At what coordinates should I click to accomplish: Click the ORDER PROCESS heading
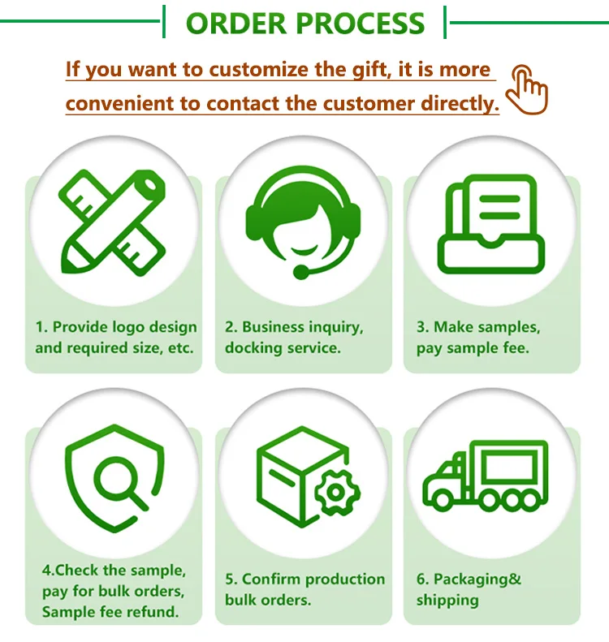(305, 23)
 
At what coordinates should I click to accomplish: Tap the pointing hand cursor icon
(528, 88)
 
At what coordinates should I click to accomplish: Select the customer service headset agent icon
(304, 219)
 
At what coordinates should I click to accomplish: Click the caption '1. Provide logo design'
(116, 327)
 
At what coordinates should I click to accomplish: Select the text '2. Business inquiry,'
(294, 327)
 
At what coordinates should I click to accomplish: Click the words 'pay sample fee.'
(473, 348)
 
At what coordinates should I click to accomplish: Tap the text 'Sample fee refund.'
(110, 612)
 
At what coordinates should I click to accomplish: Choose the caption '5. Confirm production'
(304, 579)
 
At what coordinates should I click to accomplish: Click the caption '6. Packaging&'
(469, 579)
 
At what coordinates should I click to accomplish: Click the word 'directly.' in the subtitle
(460, 104)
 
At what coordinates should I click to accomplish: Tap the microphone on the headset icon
(301, 273)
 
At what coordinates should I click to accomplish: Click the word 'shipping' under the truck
(447, 601)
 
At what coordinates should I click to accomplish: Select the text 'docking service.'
(283, 348)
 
